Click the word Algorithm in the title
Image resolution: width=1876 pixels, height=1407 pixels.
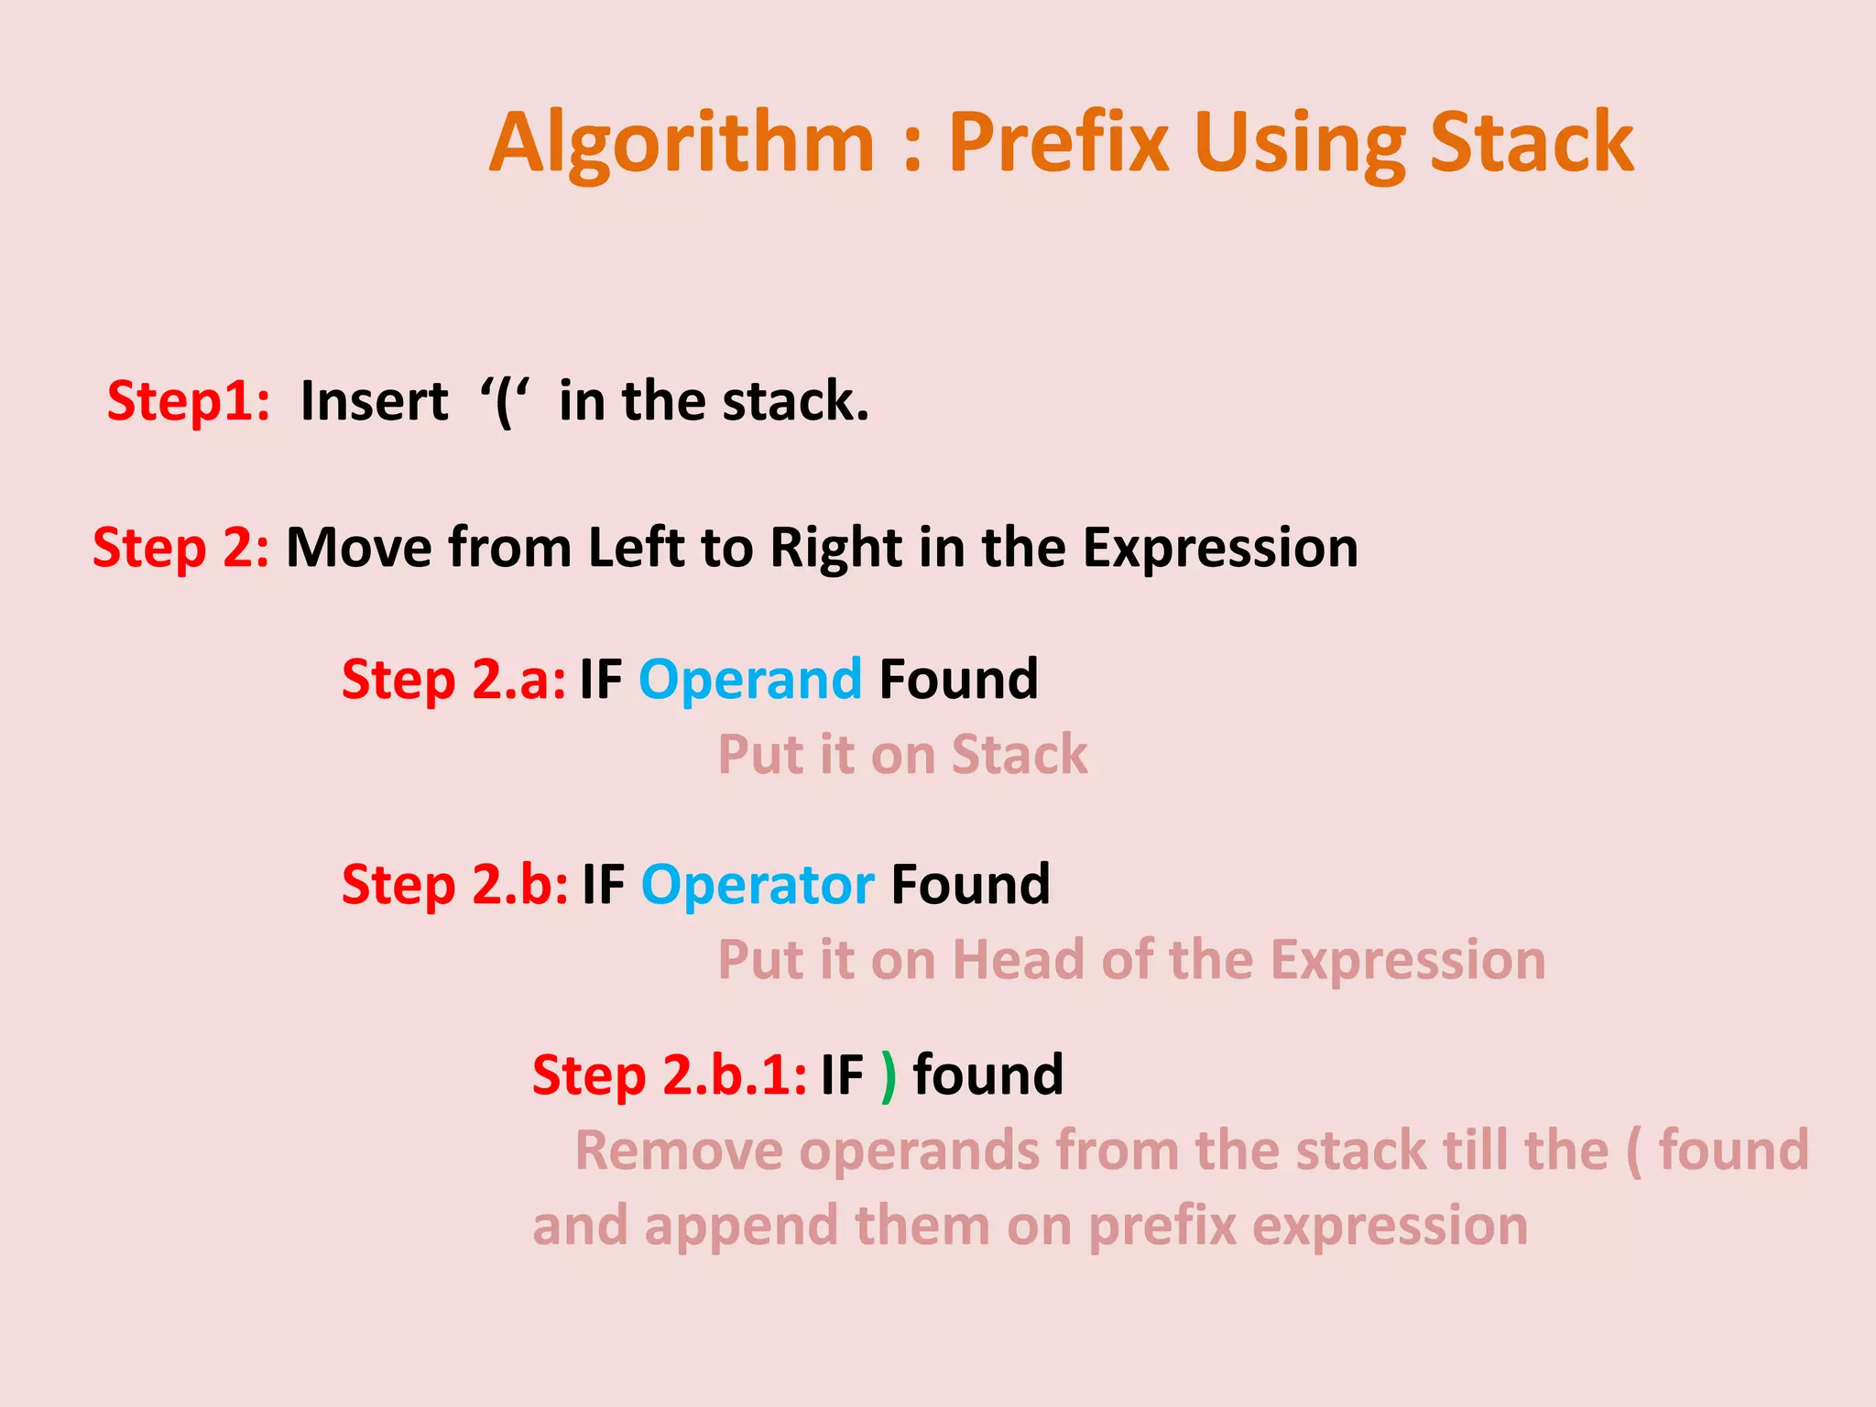click(x=682, y=144)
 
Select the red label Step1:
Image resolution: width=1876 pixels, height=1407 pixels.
click(x=189, y=401)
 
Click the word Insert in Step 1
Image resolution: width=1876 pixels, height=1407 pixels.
click(x=374, y=401)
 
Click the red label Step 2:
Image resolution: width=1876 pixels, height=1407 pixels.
click(x=180, y=548)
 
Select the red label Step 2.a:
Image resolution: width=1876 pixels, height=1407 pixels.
click(x=453, y=680)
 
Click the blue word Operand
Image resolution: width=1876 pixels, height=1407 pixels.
click(x=749, y=680)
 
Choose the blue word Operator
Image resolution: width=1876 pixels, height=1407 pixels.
click(x=757, y=885)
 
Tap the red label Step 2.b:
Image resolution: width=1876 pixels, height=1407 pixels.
click(x=454, y=885)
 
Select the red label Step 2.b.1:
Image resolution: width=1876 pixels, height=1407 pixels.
click(x=669, y=1074)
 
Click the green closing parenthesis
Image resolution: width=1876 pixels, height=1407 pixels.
click(x=888, y=1076)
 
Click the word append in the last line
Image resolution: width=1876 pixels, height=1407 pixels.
click(x=740, y=1227)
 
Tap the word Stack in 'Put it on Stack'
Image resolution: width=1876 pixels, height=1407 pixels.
click(x=1019, y=755)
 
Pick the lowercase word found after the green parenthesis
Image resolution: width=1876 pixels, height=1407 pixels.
click(x=987, y=1074)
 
